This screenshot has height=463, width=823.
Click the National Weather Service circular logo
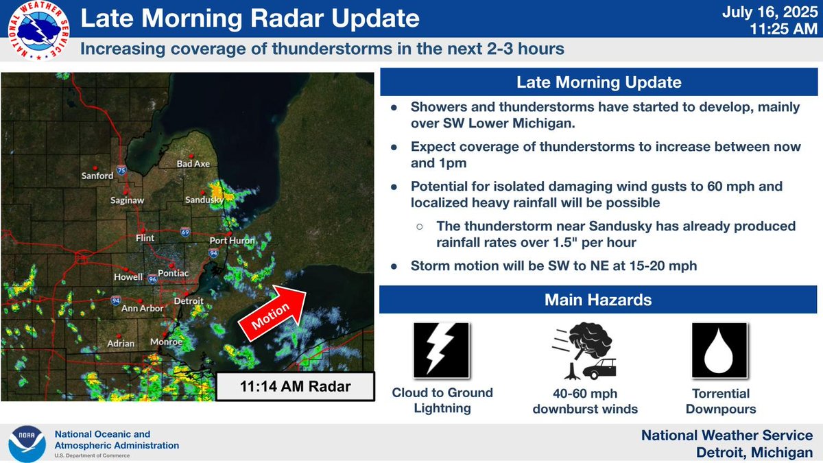(38, 30)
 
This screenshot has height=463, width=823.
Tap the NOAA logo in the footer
(27, 444)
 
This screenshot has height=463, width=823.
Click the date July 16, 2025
(770, 12)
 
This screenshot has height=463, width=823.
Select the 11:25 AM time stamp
(783, 29)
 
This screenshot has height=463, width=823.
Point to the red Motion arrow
(272, 313)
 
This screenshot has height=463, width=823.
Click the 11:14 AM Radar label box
(295, 386)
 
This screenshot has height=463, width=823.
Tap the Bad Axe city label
(193, 163)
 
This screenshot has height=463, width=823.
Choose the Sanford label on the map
(97, 176)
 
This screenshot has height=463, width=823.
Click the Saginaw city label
(127, 200)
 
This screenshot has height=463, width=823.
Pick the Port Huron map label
(232, 240)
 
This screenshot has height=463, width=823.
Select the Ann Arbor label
(142, 308)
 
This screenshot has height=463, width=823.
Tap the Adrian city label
(121, 343)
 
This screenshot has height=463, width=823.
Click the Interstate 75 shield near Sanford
(121, 170)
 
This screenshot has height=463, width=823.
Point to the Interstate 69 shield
(185, 232)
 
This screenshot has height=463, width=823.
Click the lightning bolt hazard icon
(441, 351)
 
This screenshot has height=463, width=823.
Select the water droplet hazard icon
(719, 351)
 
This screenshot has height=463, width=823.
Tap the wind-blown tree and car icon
(584, 351)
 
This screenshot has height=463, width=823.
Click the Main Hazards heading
(598, 300)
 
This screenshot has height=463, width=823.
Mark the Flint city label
(145, 238)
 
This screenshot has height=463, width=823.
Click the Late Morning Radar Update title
(250, 18)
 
